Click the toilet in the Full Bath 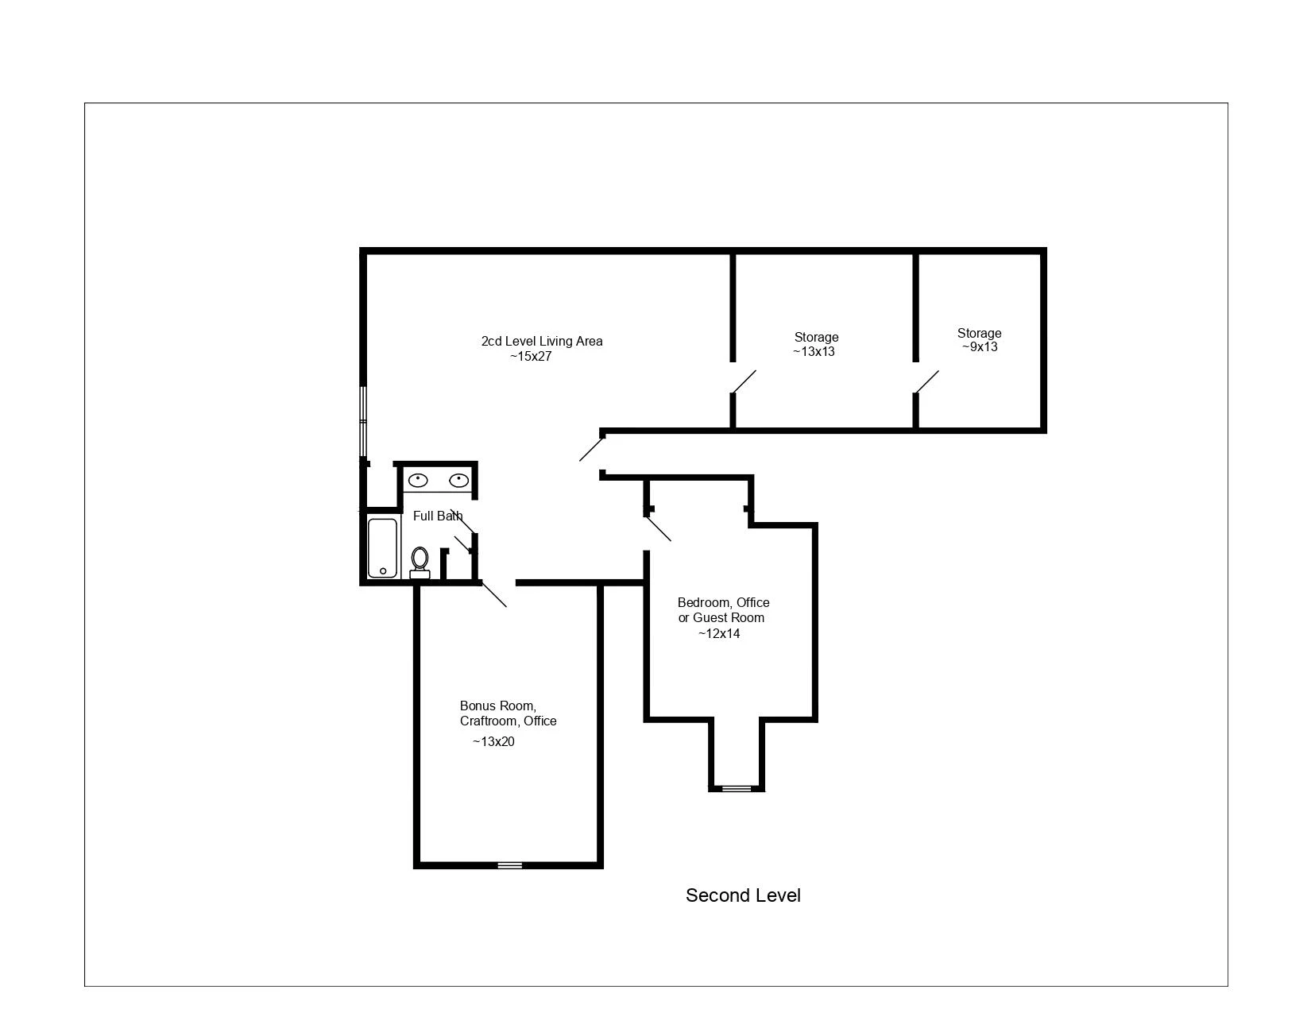click(x=420, y=563)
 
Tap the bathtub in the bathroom click(x=382, y=548)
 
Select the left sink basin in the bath click(x=418, y=480)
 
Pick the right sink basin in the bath click(x=459, y=480)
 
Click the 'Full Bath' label click(x=438, y=516)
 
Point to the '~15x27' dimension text click(x=531, y=357)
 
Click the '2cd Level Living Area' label click(x=542, y=341)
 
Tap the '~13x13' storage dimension click(x=814, y=352)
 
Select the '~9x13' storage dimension click(x=980, y=347)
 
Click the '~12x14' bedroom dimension click(x=719, y=633)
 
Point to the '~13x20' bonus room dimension click(x=493, y=741)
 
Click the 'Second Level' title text click(x=743, y=895)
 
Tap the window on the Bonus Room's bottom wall click(x=510, y=865)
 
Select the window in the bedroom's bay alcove click(x=737, y=789)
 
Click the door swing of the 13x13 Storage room click(x=744, y=382)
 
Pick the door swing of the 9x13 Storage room click(x=927, y=382)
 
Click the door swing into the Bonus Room click(x=494, y=594)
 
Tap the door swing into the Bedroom click(x=659, y=528)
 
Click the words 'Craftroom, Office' click(x=508, y=721)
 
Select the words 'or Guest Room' click(x=721, y=618)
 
